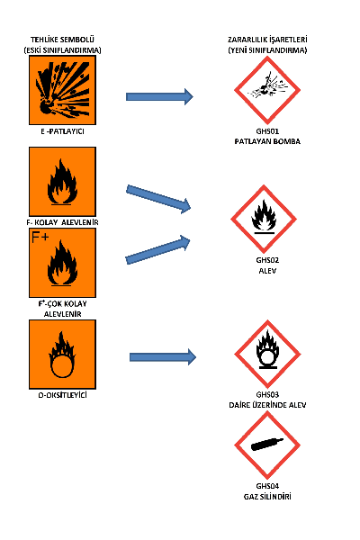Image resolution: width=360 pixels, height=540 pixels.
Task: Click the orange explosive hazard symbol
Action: pos(62,90)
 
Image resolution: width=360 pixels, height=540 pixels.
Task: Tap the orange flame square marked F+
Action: pos(62,263)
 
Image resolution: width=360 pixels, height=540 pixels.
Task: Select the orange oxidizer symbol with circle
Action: pos(62,355)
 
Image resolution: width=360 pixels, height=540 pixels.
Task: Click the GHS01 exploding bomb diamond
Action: pos(267,90)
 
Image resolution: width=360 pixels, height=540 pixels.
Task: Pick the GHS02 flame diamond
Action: pos(264,219)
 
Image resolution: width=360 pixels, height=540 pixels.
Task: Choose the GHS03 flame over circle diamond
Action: pos(267,354)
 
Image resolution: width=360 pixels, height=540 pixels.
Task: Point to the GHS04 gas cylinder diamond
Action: pos(267,445)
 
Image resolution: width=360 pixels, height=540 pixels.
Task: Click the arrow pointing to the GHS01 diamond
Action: pos(159,97)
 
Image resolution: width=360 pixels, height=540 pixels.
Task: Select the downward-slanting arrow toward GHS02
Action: pos(158,200)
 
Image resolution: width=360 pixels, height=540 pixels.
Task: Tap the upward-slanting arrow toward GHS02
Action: pos(157,250)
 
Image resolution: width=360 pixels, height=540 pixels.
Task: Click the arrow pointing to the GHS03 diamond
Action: pos(163,356)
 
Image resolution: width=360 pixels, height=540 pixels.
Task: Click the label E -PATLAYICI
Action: pos(62,131)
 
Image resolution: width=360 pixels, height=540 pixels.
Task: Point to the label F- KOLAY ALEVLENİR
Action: pos(62,222)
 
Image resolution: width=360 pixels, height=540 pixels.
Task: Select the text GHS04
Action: pos(267,486)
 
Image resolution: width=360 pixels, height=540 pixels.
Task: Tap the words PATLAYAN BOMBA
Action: pos(267,141)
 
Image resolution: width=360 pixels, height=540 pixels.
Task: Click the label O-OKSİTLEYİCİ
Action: pos(62,395)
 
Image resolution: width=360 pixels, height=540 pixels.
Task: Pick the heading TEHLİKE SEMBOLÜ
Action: pos(62,40)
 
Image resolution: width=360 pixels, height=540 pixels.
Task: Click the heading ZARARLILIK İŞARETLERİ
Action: pos(267,40)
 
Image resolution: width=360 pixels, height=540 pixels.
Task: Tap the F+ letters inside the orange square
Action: pos(40,238)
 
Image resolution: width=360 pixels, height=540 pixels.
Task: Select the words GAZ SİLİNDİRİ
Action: pos(267,497)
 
